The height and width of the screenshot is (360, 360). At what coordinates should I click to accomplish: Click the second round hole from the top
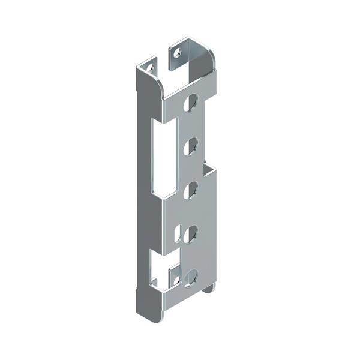(190, 146)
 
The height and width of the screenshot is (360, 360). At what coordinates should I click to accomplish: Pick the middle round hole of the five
(190, 190)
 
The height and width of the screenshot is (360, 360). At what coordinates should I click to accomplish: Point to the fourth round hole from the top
(190, 233)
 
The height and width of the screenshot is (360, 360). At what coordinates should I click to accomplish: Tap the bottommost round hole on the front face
(191, 277)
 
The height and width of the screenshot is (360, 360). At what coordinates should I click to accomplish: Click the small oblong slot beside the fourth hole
(176, 233)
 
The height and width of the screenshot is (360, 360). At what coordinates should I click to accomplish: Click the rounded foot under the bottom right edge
(208, 289)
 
